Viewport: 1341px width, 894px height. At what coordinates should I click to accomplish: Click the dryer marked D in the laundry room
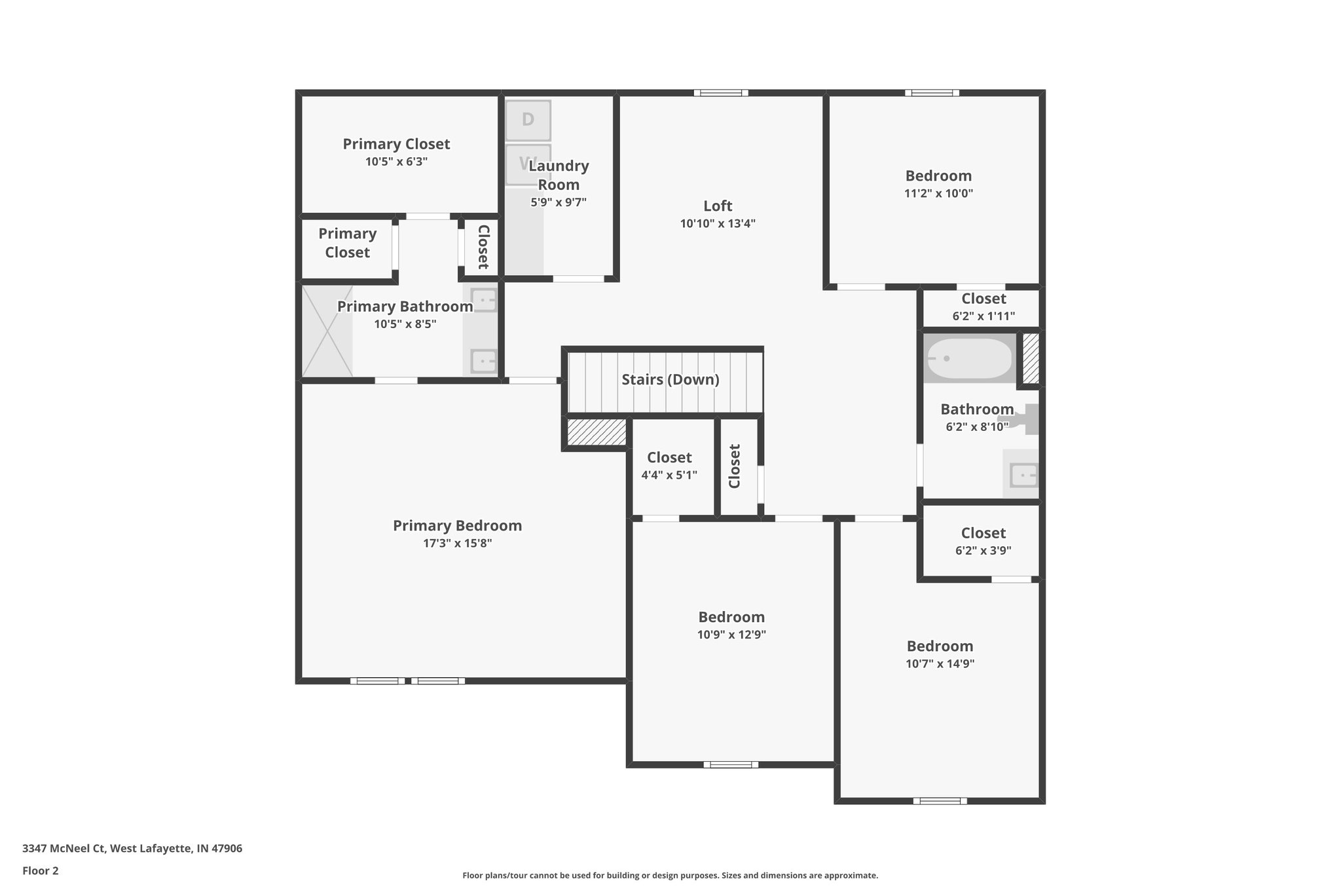point(528,120)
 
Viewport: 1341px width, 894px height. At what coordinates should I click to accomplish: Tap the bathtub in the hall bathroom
point(970,358)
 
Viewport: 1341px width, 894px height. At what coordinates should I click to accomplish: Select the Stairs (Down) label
point(670,379)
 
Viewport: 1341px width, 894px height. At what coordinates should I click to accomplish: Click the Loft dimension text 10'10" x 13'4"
point(718,223)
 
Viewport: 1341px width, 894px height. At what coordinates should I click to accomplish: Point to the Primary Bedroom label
point(457,525)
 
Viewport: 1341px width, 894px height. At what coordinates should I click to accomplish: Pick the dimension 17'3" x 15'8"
point(457,543)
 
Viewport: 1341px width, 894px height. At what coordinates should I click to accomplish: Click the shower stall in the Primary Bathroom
point(327,331)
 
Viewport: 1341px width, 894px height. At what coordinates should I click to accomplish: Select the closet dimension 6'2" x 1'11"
point(983,316)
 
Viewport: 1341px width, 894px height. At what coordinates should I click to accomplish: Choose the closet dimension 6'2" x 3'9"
point(983,551)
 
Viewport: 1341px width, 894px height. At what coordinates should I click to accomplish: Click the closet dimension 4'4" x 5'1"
point(669,475)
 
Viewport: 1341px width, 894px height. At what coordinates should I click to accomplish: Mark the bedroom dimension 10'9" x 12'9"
point(731,635)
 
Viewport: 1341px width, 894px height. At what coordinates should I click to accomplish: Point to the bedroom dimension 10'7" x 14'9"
point(940,663)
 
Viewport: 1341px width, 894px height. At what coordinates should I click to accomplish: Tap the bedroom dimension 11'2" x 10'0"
point(938,193)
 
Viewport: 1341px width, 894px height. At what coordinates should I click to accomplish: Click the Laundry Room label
point(559,175)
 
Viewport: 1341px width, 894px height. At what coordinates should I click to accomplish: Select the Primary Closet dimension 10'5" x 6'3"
point(396,161)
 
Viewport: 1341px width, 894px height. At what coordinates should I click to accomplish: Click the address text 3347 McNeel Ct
point(64,849)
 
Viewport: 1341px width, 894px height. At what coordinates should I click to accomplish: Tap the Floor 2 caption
point(41,871)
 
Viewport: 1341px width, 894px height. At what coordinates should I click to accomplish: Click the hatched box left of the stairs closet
point(596,432)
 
